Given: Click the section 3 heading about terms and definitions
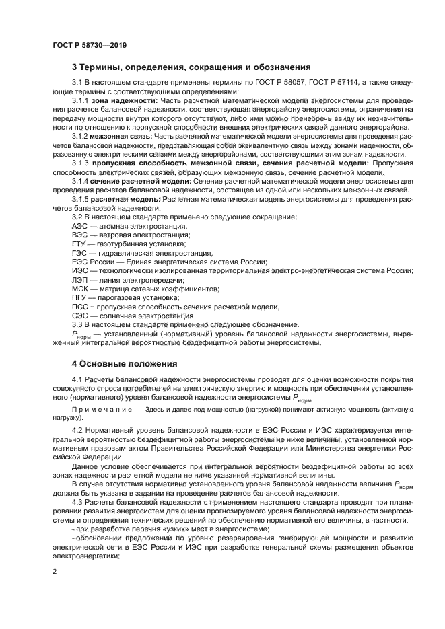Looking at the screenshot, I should [x=191, y=67].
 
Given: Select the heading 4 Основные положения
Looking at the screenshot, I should [x=124, y=364].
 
